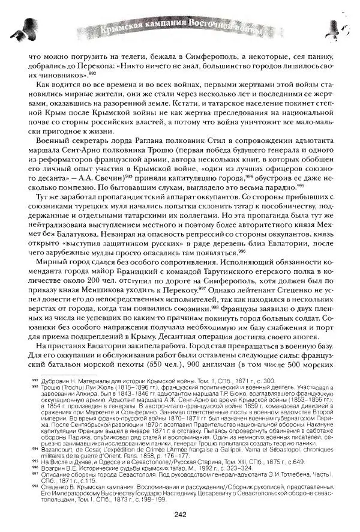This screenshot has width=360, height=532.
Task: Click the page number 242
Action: [x=179, y=512]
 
